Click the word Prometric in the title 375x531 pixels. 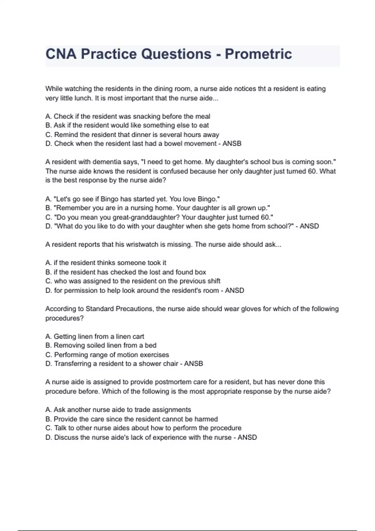point(258,54)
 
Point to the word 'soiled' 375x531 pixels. point(95,345)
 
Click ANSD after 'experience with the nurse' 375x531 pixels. point(247,438)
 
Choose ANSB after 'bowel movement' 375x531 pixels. point(232,144)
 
